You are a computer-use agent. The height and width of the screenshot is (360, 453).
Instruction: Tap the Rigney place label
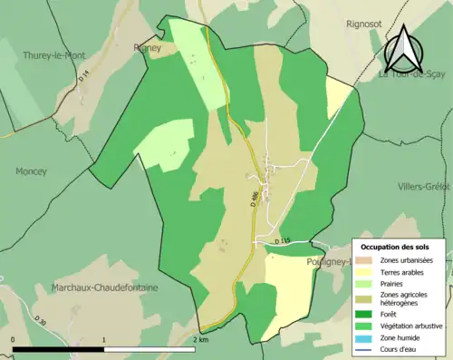pos(147,50)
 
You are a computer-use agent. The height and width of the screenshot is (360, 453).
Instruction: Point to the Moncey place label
pos(31,171)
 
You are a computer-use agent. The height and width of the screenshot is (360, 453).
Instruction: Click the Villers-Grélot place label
pos(424,187)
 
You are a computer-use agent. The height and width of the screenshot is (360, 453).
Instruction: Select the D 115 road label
pos(282,240)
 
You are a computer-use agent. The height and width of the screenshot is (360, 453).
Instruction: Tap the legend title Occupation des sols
pos(395,247)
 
